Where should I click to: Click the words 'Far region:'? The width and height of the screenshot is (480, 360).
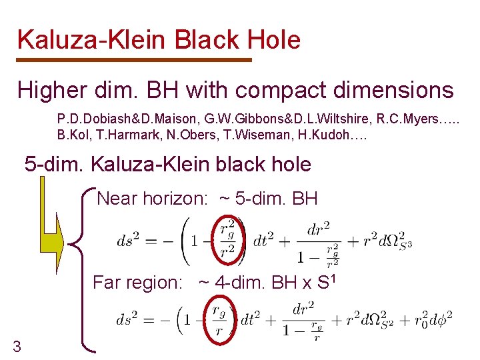pos(137,282)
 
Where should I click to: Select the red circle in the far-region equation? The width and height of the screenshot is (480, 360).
pos(217,322)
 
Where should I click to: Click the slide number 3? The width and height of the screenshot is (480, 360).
pos(17,345)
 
